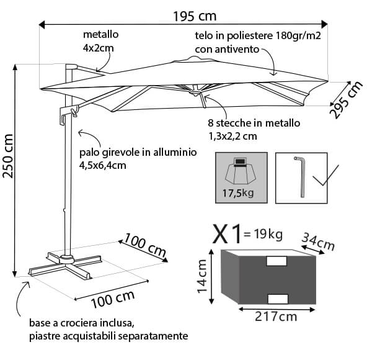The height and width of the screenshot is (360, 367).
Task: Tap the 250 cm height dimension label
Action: click(x=9, y=158)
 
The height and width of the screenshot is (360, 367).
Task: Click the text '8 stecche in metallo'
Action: click(x=254, y=123)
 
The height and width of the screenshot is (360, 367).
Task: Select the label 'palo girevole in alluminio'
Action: click(x=138, y=152)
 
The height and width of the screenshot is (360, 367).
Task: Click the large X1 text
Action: click(x=227, y=235)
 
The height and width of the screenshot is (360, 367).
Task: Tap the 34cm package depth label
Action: click(x=317, y=240)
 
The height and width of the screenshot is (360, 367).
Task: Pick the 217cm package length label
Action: click(x=276, y=317)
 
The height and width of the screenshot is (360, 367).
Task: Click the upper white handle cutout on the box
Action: click(x=276, y=261)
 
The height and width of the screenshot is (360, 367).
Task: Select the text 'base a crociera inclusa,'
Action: click(x=80, y=324)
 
